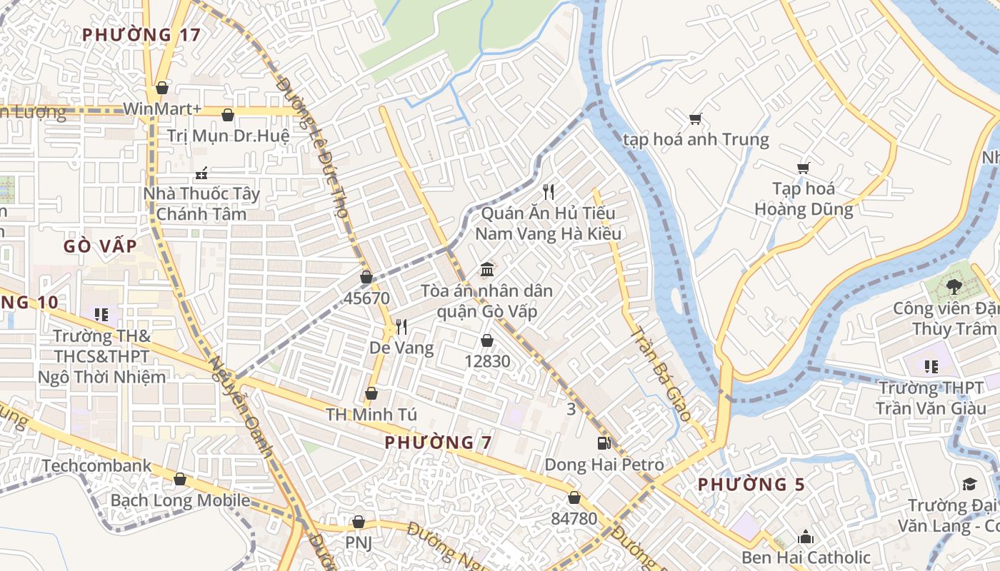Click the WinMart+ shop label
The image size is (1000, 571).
[162, 108]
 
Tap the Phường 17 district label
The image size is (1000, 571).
[141, 34]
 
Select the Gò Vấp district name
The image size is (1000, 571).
[100, 246]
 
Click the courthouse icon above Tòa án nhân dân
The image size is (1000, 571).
[487, 270]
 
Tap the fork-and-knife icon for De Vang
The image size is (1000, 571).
[401, 327]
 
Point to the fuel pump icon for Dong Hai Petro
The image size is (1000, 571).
[604, 443]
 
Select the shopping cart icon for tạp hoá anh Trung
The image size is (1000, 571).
[695, 118]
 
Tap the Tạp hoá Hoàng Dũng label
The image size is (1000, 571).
[804, 199]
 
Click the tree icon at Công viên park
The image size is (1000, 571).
[953, 287]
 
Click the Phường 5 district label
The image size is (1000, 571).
[751, 485]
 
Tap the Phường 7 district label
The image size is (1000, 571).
[438, 443]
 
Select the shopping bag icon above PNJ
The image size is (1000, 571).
[359, 522]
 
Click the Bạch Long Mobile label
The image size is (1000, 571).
[180, 500]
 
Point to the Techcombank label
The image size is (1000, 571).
[96, 466]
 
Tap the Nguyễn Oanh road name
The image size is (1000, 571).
[241, 406]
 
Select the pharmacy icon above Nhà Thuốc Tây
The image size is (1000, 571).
[201, 173]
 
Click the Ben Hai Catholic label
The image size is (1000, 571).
[806, 557]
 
